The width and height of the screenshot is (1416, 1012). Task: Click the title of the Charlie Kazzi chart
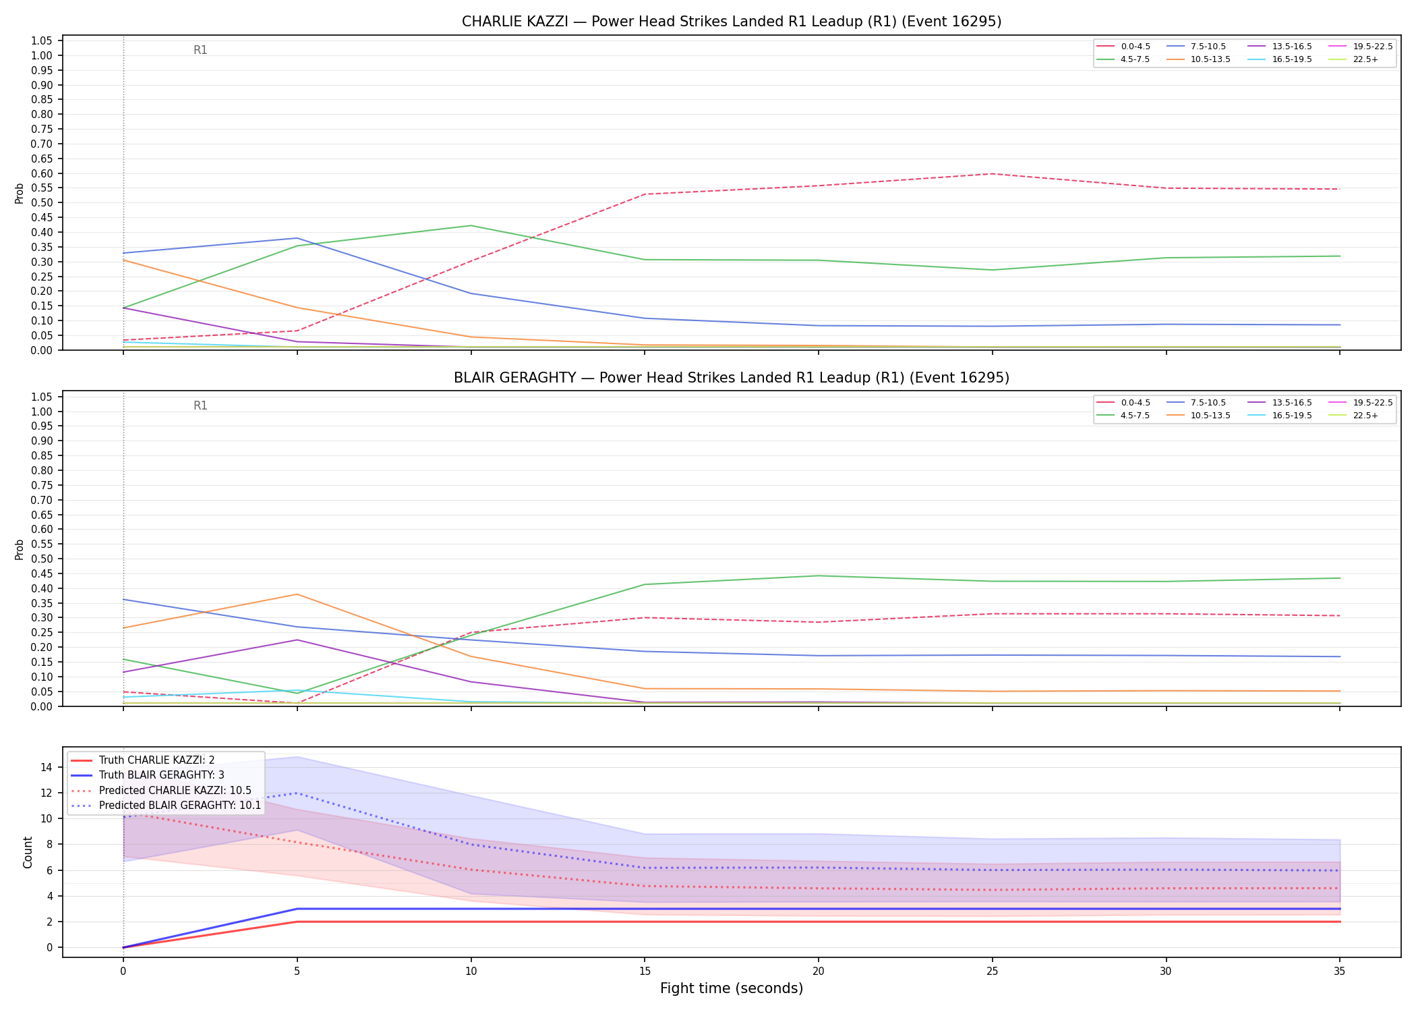pyautogui.click(x=732, y=22)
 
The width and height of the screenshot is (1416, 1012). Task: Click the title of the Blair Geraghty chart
pyautogui.click(x=732, y=378)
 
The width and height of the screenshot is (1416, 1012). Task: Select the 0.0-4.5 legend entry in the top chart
pyautogui.click(x=1123, y=47)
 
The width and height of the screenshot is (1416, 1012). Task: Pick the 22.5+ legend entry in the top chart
pyautogui.click(x=1353, y=59)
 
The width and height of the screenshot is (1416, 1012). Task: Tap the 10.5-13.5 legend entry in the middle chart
pyautogui.click(x=1198, y=416)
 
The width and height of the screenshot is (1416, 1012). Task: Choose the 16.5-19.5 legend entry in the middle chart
pyautogui.click(x=1280, y=416)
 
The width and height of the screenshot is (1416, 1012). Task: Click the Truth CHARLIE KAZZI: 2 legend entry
pyautogui.click(x=142, y=760)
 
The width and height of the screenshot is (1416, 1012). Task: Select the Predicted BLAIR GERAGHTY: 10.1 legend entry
pyautogui.click(x=165, y=806)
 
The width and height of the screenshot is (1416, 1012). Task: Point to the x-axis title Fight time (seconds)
pyautogui.click(x=732, y=988)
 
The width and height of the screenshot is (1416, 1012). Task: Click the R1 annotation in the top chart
pyautogui.click(x=200, y=50)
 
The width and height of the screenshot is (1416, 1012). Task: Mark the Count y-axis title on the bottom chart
pyautogui.click(x=28, y=852)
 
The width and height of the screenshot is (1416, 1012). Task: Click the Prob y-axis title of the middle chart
pyautogui.click(x=20, y=549)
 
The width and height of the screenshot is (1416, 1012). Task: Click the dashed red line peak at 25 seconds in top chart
pyautogui.click(x=992, y=174)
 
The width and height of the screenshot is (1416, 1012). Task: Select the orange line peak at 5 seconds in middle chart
pyautogui.click(x=297, y=594)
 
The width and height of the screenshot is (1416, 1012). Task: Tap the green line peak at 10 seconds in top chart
pyautogui.click(x=471, y=225)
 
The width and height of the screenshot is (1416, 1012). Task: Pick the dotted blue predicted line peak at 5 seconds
pyautogui.click(x=297, y=793)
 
